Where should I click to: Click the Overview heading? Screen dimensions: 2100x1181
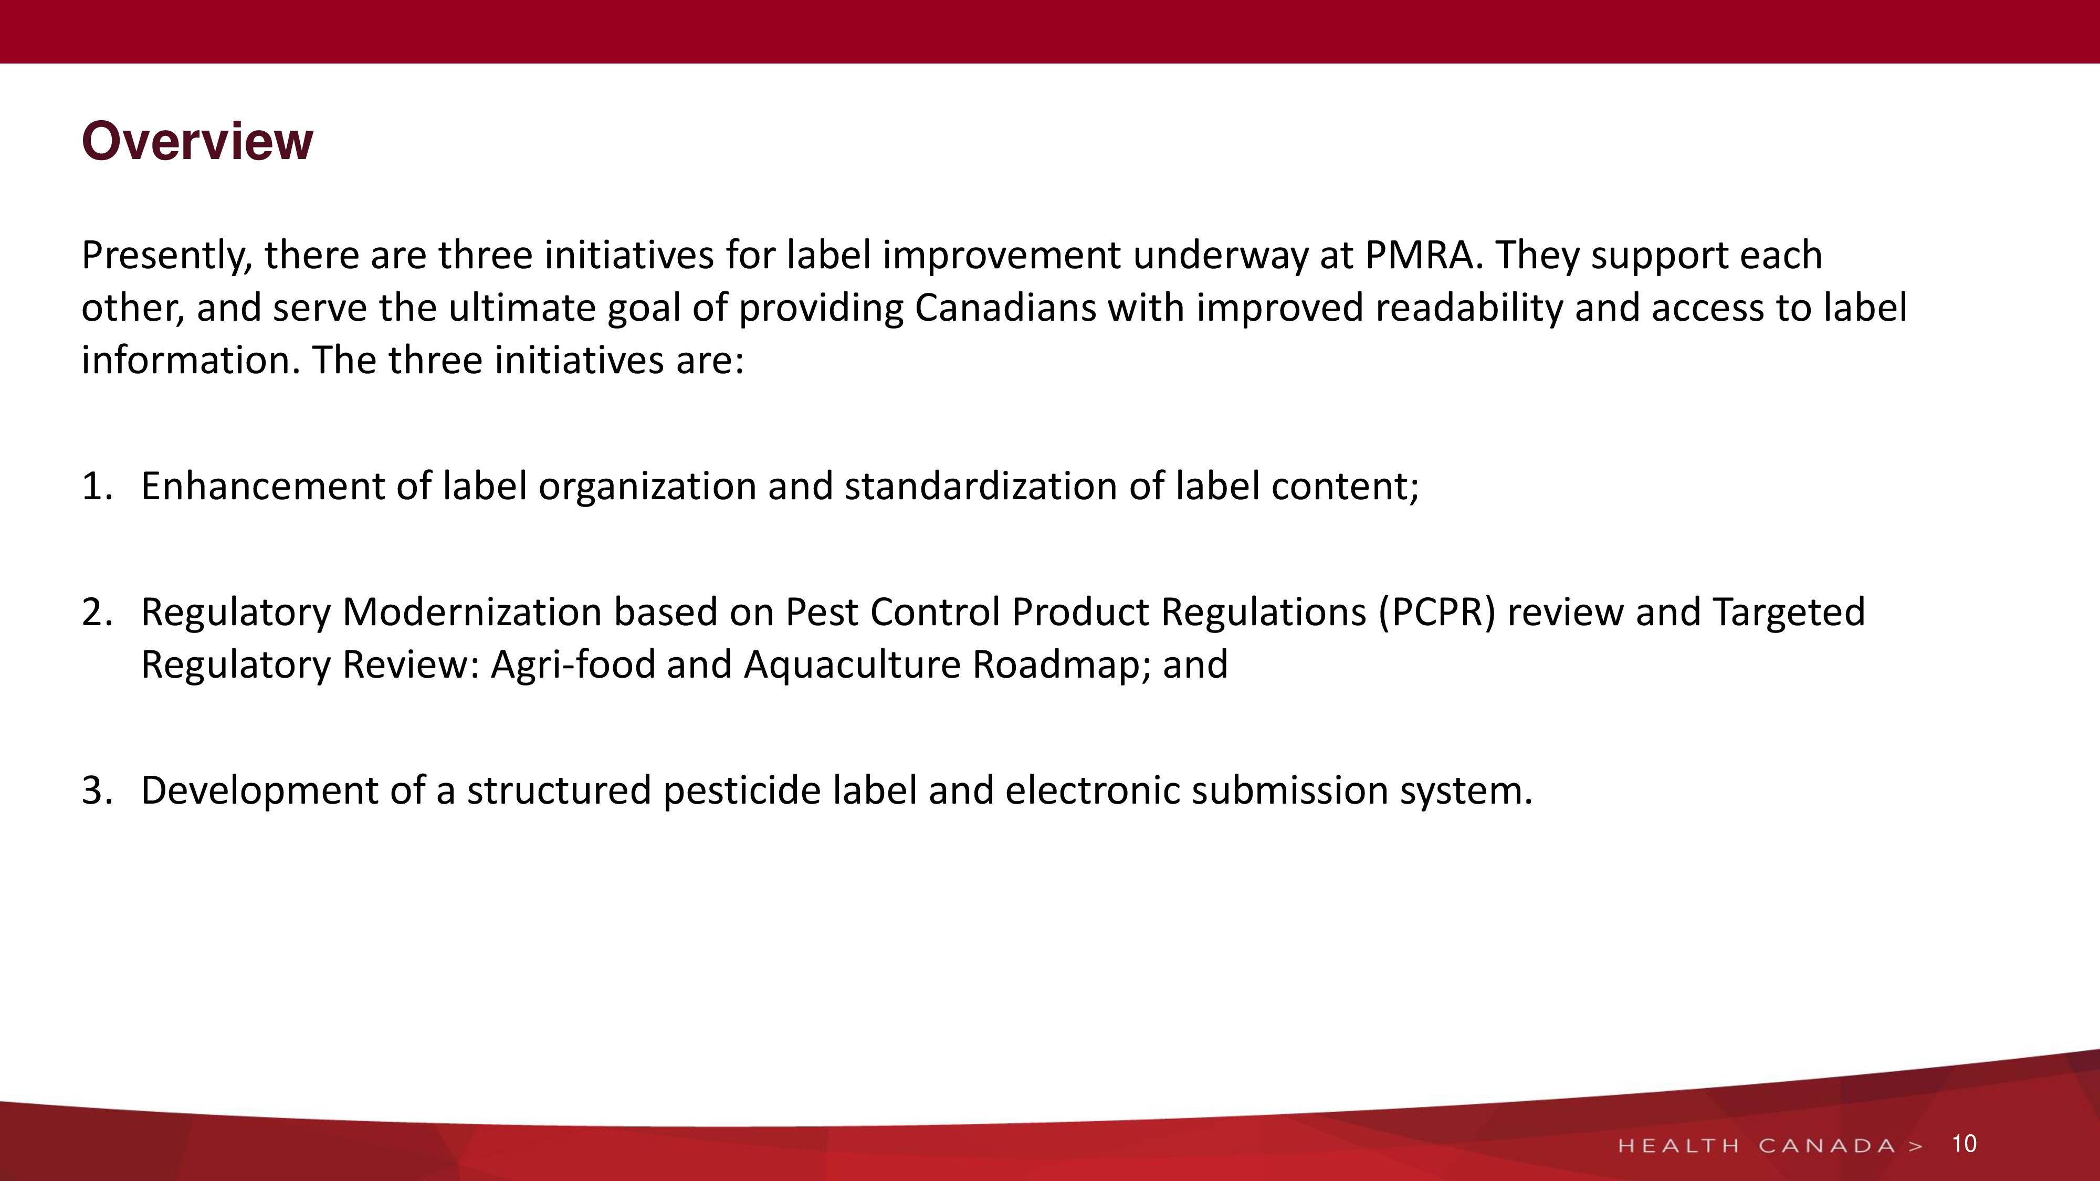coord(197,142)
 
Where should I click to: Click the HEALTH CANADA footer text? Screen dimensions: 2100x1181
coord(1770,1146)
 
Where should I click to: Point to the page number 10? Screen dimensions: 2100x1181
coord(1964,1144)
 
